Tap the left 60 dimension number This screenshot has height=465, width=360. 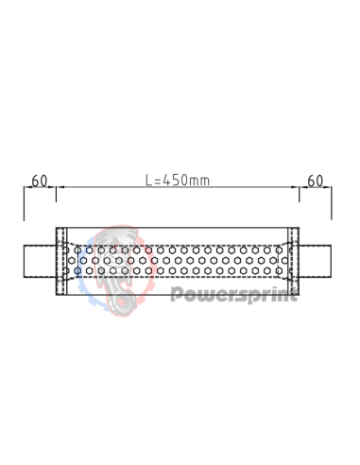point(40,180)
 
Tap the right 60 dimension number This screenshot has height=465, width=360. point(316,180)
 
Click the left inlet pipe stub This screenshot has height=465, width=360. point(40,261)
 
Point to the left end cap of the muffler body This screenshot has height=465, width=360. point(61,261)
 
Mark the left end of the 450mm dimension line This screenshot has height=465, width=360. point(57,188)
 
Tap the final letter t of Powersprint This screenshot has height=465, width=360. point(294,294)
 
